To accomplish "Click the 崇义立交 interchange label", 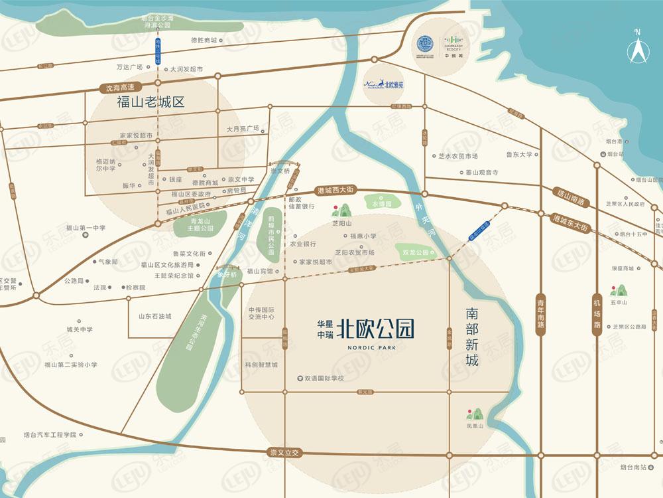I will tap(284, 452).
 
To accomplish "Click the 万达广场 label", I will tap(129, 67).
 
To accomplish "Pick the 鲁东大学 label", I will tap(519, 155).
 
